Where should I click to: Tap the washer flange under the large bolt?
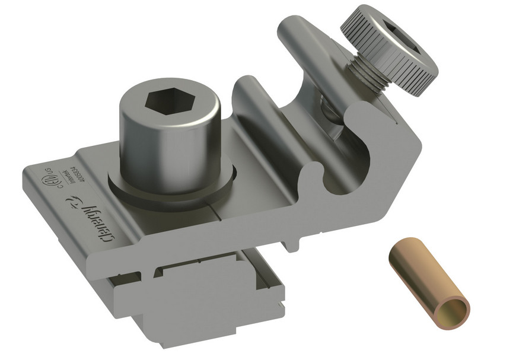tap(172, 190)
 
